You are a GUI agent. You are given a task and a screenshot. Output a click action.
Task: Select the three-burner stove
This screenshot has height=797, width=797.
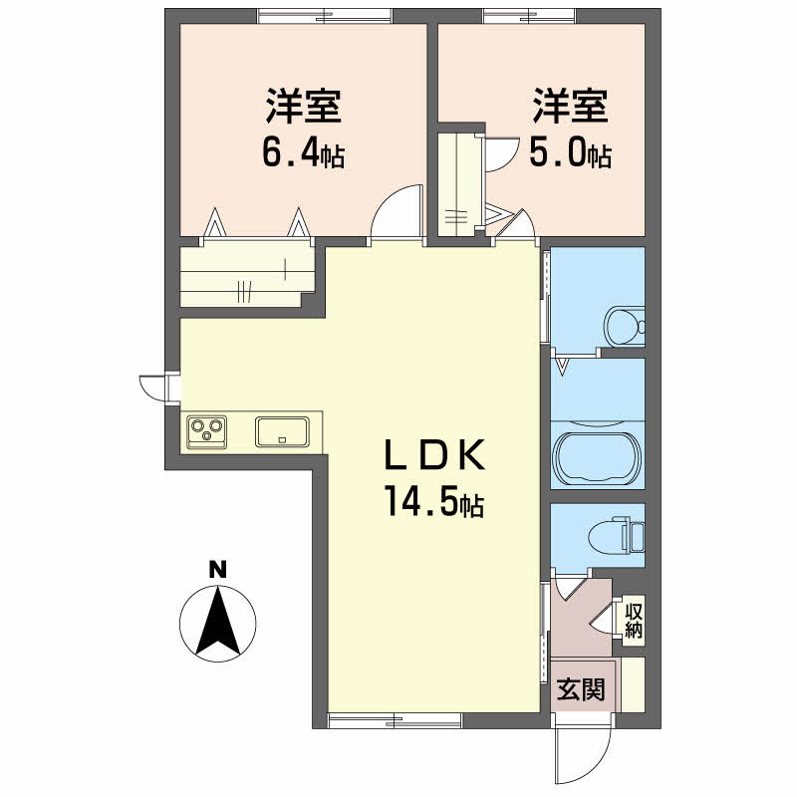pyautogui.click(x=206, y=430)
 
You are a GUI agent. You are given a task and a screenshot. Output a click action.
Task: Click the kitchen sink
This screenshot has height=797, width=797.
pyautogui.click(x=283, y=431)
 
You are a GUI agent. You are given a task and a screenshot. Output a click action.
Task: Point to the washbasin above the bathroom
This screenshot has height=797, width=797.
pyautogui.click(x=625, y=324)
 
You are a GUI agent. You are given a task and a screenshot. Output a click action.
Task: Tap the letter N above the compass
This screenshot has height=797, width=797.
pyautogui.click(x=217, y=570)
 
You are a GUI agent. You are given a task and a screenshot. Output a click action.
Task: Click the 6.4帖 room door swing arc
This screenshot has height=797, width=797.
pyautogui.click(x=394, y=214)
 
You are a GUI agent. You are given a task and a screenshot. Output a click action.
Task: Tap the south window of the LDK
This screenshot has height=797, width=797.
pyautogui.click(x=394, y=719)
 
